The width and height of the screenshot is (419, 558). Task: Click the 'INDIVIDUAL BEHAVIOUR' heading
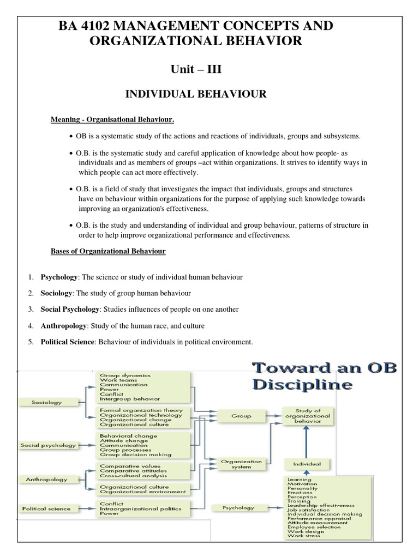click(x=196, y=94)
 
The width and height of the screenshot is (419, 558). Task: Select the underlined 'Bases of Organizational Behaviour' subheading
click(x=108, y=251)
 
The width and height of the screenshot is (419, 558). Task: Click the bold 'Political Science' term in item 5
click(x=68, y=342)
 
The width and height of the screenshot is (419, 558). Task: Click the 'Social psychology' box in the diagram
click(x=48, y=445)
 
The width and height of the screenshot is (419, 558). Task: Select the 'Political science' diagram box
click(x=46, y=508)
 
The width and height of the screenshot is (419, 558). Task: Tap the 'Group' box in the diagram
click(x=241, y=416)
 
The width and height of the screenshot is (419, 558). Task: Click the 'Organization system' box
click(x=241, y=464)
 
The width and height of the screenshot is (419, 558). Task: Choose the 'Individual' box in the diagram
click(x=308, y=464)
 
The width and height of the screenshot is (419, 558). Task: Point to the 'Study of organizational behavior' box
click(x=308, y=415)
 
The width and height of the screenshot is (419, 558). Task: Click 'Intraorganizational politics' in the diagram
click(x=140, y=508)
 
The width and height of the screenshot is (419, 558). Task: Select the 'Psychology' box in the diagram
click(x=238, y=508)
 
